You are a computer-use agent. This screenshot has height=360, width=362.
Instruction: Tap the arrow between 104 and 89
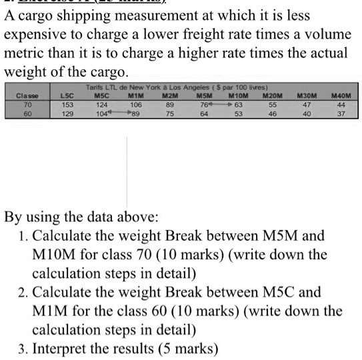pyautogui.click(x=116, y=113)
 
